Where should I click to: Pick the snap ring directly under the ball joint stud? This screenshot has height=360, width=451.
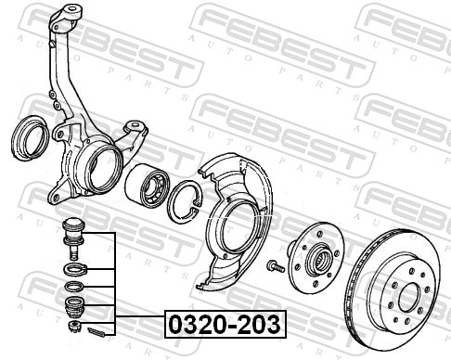[x=72, y=270]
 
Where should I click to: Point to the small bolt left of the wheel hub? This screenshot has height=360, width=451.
[x=275, y=267]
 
